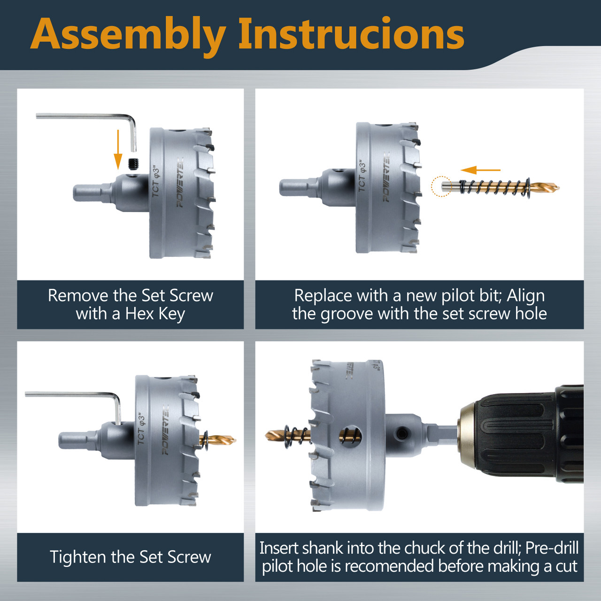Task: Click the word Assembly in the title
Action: click(x=128, y=35)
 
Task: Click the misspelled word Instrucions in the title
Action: click(x=352, y=33)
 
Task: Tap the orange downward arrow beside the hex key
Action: click(x=118, y=150)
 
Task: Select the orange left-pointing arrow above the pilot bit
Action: click(x=480, y=170)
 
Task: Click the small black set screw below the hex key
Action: click(x=134, y=163)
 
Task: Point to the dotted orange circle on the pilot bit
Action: click(x=441, y=186)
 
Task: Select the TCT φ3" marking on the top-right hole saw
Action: click(x=362, y=176)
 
